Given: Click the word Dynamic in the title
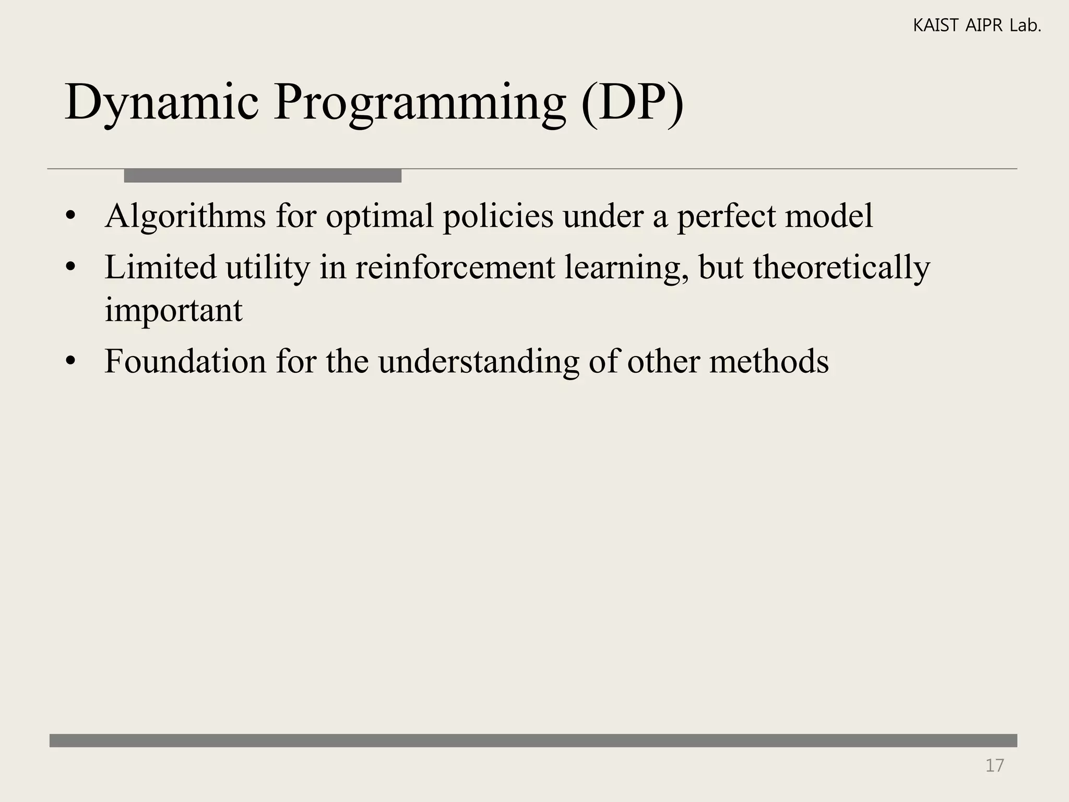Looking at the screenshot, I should click(x=161, y=102).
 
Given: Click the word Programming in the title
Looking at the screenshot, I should click(x=419, y=102).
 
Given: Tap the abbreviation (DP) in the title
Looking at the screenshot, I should click(x=632, y=102).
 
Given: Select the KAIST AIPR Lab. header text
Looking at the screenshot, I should click(x=977, y=26).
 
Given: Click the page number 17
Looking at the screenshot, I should click(x=994, y=765).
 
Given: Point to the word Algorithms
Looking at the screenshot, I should click(x=185, y=216).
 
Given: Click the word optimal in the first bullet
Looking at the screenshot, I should click(x=379, y=216).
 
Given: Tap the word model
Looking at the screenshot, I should click(x=828, y=216).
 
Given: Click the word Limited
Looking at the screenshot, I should click(x=160, y=267).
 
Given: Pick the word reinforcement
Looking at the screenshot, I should click(x=455, y=267).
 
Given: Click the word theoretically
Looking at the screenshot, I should click(x=841, y=267).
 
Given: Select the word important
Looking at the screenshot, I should click(x=173, y=310).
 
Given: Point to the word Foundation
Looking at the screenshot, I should click(x=185, y=361).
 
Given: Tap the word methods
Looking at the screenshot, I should click(x=768, y=361).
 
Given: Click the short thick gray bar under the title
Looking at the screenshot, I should click(x=263, y=176).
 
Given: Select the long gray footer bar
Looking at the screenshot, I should click(x=533, y=740).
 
